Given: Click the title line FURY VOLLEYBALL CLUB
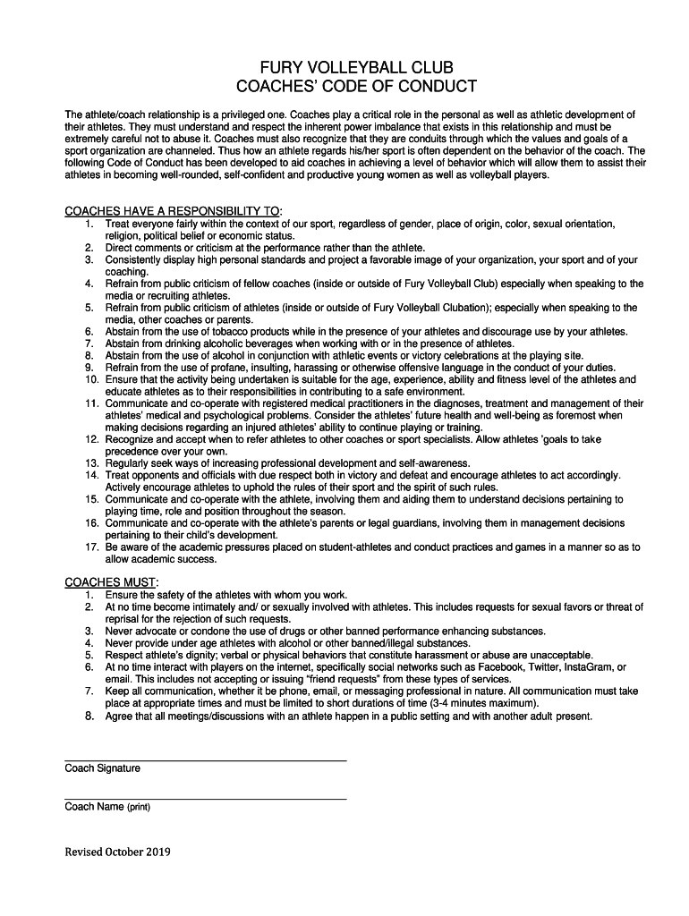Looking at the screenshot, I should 344,68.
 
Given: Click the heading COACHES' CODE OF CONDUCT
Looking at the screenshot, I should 344,87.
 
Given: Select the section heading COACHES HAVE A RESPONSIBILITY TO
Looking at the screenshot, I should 172,210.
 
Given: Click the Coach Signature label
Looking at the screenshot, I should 102,768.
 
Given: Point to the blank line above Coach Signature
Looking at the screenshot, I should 205,759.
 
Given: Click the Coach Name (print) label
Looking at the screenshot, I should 107,807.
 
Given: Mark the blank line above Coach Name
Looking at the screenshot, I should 205,798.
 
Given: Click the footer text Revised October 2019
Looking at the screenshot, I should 117,852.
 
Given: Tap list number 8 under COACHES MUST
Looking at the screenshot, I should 89,716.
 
